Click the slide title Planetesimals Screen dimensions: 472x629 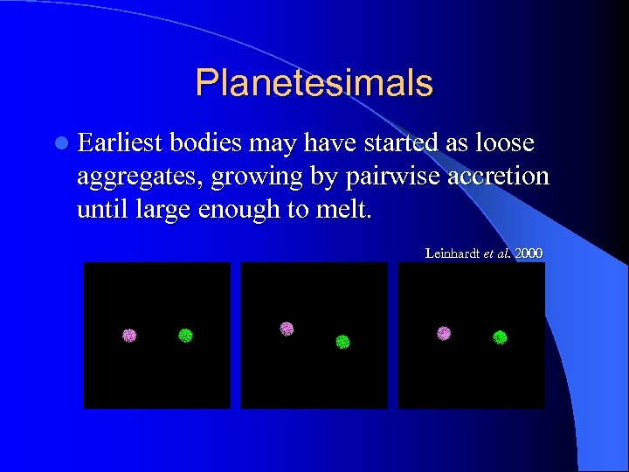[x=314, y=83]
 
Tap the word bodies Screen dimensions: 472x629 [x=207, y=143]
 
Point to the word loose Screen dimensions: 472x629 [x=505, y=143]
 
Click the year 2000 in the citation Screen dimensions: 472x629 [x=529, y=253]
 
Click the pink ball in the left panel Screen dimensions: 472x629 [x=129, y=335]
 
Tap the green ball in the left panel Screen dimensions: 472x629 [x=185, y=335]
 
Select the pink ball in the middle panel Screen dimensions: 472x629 [x=287, y=329]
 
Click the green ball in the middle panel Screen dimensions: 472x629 [x=342, y=342]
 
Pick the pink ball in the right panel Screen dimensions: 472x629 [x=444, y=333]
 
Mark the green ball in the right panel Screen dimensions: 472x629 [x=500, y=337]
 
